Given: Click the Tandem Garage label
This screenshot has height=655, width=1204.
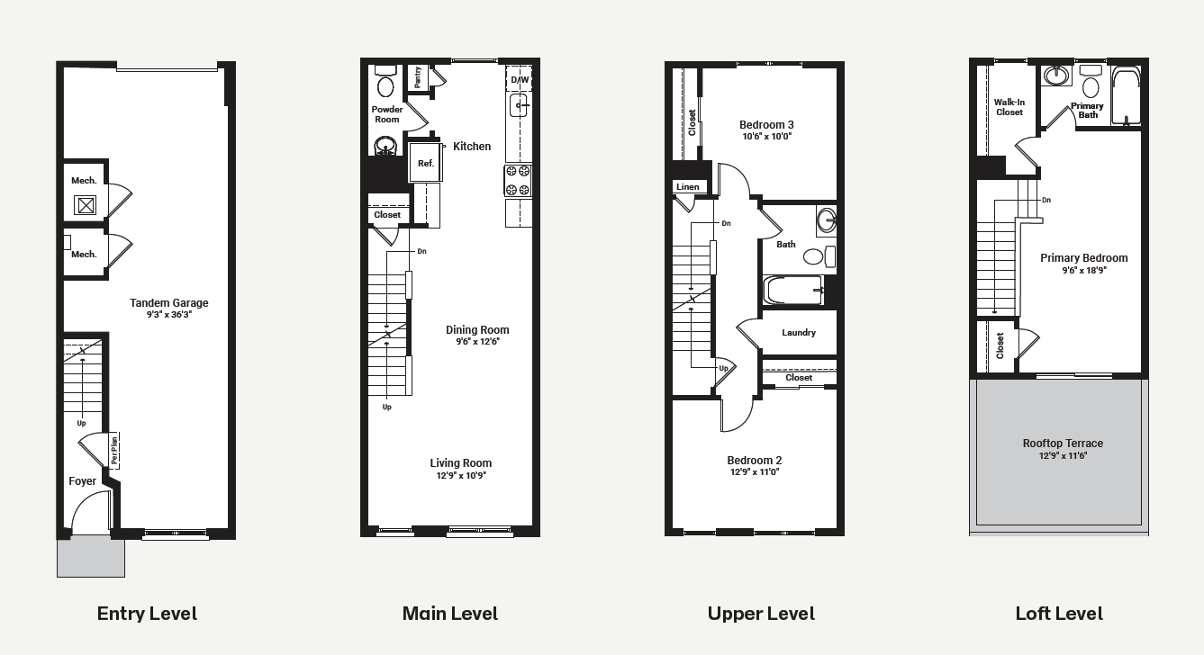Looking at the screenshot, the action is click(168, 303).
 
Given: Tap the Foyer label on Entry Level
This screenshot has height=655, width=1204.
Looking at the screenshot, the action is click(82, 481).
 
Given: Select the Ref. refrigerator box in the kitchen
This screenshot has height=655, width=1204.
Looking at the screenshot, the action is click(425, 162).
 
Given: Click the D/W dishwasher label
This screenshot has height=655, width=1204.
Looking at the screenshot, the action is click(520, 80).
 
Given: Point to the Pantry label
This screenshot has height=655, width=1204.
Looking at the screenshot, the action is click(418, 77).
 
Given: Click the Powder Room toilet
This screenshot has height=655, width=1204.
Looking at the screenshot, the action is click(385, 82).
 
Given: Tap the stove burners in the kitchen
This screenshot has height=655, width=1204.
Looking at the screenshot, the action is click(518, 180).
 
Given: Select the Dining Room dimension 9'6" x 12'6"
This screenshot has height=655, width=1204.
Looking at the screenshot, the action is click(477, 342).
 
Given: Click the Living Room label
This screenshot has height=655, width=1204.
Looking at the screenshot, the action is click(461, 462).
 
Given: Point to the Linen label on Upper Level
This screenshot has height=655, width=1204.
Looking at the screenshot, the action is click(687, 187).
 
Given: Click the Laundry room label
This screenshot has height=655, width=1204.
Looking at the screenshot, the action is click(798, 332).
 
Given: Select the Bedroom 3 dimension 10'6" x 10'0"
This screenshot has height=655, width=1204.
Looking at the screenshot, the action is click(766, 137).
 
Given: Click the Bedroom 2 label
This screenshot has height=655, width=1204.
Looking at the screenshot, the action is click(754, 460).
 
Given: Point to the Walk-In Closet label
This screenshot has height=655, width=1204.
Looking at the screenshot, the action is click(1009, 107).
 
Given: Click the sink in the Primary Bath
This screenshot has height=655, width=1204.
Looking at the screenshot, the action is click(1056, 76).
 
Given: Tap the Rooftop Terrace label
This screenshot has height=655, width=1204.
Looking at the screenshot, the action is click(1063, 444).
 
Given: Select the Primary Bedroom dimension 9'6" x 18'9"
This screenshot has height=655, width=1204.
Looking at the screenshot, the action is click(1084, 271).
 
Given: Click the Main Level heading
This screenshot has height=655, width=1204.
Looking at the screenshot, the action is click(450, 613).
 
